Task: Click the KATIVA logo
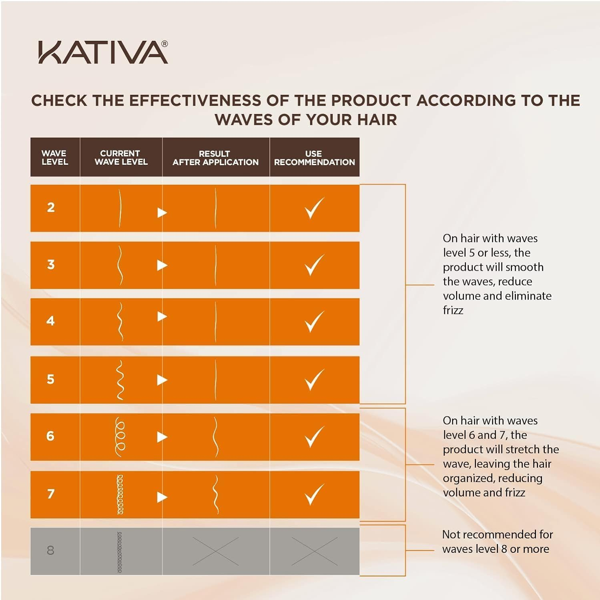click(x=103, y=52)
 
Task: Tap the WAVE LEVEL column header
click(x=54, y=158)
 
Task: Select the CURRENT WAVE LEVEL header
click(x=121, y=158)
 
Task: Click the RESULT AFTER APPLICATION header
click(x=215, y=158)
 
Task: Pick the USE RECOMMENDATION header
click(x=314, y=158)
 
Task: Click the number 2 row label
click(x=51, y=208)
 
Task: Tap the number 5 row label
click(x=50, y=379)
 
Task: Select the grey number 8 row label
click(x=50, y=550)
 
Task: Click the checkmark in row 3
click(x=314, y=265)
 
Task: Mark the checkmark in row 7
click(x=314, y=494)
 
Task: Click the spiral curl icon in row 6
click(x=120, y=436)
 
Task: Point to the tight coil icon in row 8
click(x=119, y=552)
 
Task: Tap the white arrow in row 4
click(x=162, y=317)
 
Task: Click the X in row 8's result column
click(x=215, y=551)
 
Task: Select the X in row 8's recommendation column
click(x=314, y=551)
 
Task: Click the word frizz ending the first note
click(x=453, y=310)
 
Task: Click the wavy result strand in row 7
click(x=216, y=494)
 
